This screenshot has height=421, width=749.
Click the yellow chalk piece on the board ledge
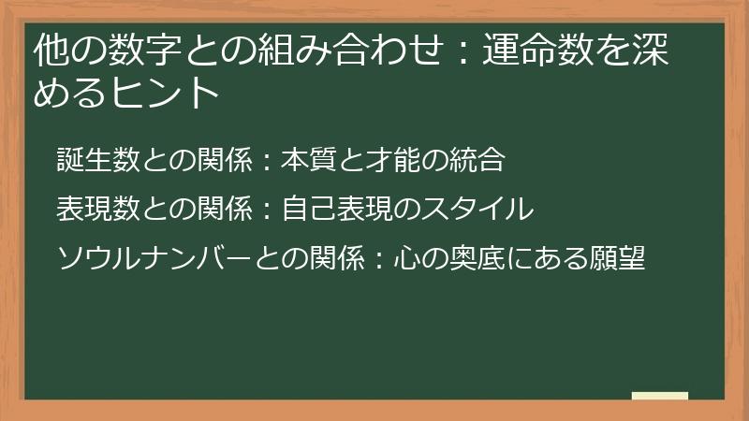(660, 396)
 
